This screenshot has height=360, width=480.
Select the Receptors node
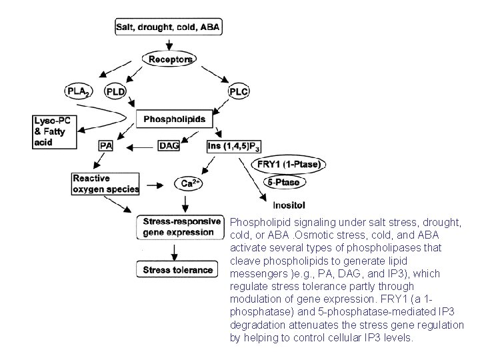171,60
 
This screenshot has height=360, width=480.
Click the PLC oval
240,91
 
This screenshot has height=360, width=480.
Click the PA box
105,145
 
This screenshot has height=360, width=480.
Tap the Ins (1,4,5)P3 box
237,146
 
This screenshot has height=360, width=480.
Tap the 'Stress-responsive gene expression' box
179,227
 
